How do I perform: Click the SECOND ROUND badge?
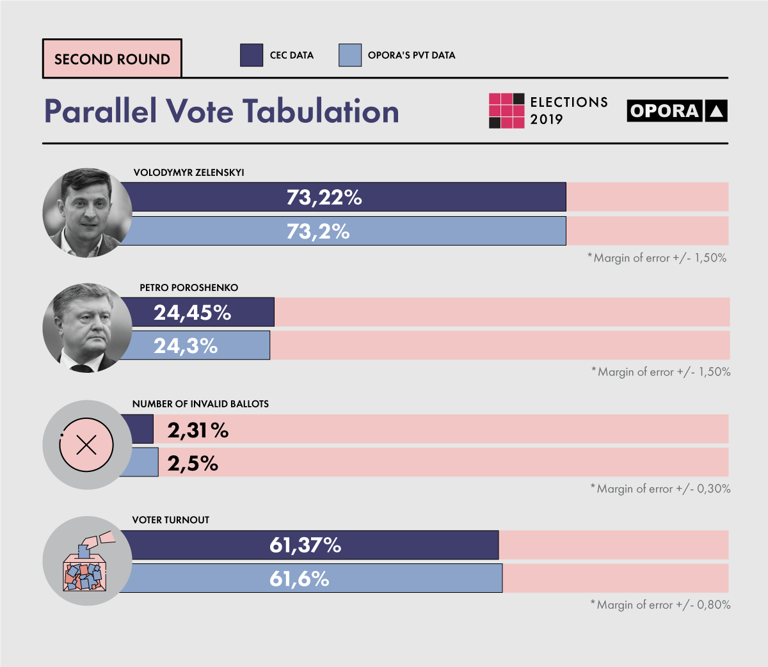(112, 59)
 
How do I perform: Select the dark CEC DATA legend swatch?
(252, 55)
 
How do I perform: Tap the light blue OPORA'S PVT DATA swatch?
(350, 55)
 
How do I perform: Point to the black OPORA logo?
(677, 111)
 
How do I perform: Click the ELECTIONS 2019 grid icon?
(506, 111)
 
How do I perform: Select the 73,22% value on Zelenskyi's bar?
(324, 198)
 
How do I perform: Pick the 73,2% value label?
(318, 231)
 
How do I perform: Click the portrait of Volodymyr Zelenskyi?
(87, 212)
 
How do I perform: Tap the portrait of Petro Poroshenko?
(87, 328)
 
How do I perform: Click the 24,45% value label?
(192, 313)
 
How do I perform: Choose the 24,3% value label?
(186, 346)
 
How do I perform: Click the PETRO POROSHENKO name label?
(189, 288)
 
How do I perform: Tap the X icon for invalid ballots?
(86, 444)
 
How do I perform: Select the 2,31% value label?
(198, 430)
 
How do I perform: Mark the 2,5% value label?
(193, 464)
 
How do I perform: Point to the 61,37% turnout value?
(305, 545)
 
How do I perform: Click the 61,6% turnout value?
(299, 579)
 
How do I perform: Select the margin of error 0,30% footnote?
(660, 489)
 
